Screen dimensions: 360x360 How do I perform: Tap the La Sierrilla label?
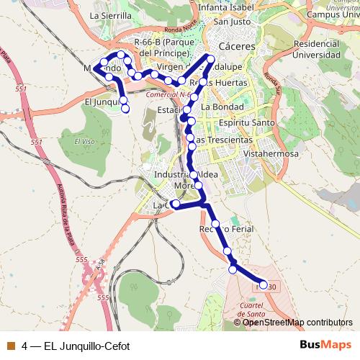[x=110, y=14]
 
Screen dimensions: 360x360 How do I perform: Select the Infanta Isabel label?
[x=228, y=7]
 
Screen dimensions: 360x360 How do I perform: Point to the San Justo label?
[x=231, y=21]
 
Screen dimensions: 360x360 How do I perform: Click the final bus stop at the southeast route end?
[x=263, y=286]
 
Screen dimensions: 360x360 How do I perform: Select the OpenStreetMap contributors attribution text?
[x=297, y=322]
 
